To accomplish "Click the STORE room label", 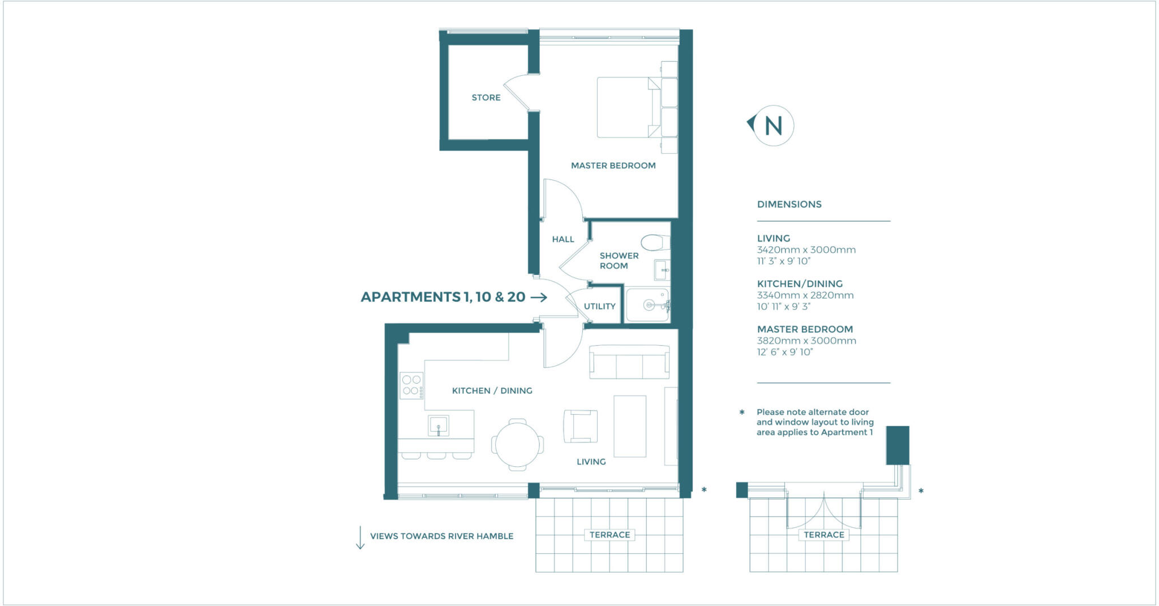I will click(486, 97).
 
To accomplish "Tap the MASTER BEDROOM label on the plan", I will click(613, 165).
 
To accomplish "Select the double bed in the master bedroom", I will click(628, 108).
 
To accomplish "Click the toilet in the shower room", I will click(655, 243).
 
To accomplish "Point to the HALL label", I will click(563, 239).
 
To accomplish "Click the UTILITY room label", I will click(599, 306).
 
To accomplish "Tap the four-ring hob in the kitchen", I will click(411, 385).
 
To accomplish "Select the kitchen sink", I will click(439, 425).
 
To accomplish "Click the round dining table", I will click(517, 445).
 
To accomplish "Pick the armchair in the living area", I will click(581, 426).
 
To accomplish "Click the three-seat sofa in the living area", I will click(629, 362).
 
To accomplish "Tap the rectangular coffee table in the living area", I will click(630, 426).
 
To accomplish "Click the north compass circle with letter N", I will click(773, 126).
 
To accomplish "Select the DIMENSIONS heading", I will click(789, 204).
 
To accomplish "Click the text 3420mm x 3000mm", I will click(806, 250).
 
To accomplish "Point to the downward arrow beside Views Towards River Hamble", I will click(360, 538).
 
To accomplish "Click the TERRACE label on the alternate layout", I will click(823, 535).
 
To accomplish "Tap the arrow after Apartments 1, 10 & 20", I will click(539, 297).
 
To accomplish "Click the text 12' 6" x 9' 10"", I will click(784, 352).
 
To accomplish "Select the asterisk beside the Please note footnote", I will click(742, 412).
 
